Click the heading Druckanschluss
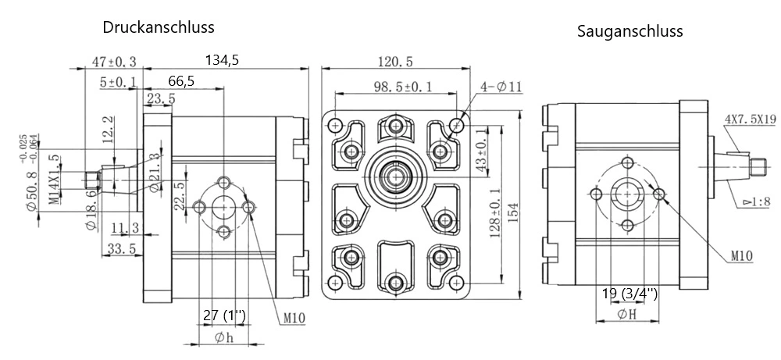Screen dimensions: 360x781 tap(159, 27)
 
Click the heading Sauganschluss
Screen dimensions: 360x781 tap(630, 32)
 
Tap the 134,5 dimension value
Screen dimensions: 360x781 tap(223, 60)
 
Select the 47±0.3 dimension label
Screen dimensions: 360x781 tap(115, 62)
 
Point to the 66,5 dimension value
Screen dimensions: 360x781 tap(180, 80)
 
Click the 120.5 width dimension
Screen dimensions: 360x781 tap(395, 62)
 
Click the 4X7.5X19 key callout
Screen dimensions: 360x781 tap(749, 119)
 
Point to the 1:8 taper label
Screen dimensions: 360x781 tap(756, 201)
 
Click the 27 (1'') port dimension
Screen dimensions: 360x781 tap(224, 315)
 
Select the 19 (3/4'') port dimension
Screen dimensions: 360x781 tap(629, 294)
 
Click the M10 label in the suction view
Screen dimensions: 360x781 tap(743, 255)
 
